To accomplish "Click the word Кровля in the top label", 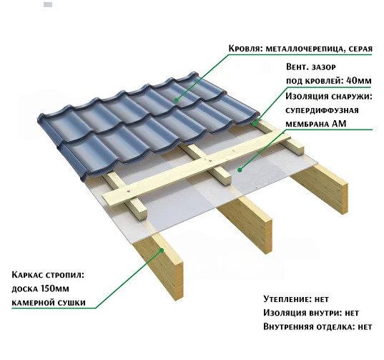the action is click(243, 49).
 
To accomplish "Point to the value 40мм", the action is click(359, 80).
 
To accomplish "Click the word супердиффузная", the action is click(322, 110).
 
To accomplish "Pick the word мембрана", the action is click(307, 124).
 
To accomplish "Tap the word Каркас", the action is click(27, 275).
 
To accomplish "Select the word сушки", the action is click(72, 303).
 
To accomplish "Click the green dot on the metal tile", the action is click(176, 99).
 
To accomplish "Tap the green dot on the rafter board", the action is click(162, 250).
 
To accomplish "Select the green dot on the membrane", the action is click(240, 170).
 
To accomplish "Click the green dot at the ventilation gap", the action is click(255, 124).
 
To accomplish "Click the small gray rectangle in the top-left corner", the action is click(48, 4).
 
